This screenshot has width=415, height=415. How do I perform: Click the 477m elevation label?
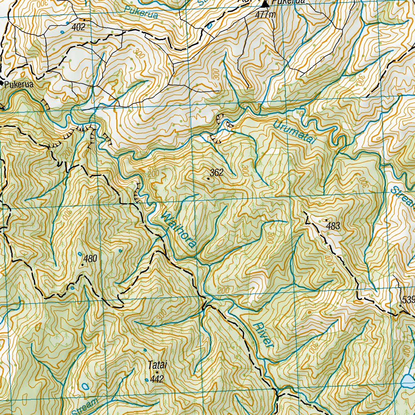(266, 15)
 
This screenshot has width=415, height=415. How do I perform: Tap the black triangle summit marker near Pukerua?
(265, 4)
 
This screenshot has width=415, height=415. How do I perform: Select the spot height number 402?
(79, 27)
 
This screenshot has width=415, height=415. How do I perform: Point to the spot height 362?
(217, 173)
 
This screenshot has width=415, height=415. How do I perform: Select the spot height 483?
(333, 226)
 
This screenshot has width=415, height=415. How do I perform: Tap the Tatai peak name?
(157, 365)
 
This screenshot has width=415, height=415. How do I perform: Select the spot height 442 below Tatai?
(156, 379)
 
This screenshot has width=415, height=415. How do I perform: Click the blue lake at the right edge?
(409, 381)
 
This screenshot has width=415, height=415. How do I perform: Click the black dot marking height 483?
(327, 220)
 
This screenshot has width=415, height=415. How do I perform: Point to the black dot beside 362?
(208, 178)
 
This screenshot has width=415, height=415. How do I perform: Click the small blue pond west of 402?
(62, 31)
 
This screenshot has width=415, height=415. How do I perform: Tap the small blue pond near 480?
(79, 254)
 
